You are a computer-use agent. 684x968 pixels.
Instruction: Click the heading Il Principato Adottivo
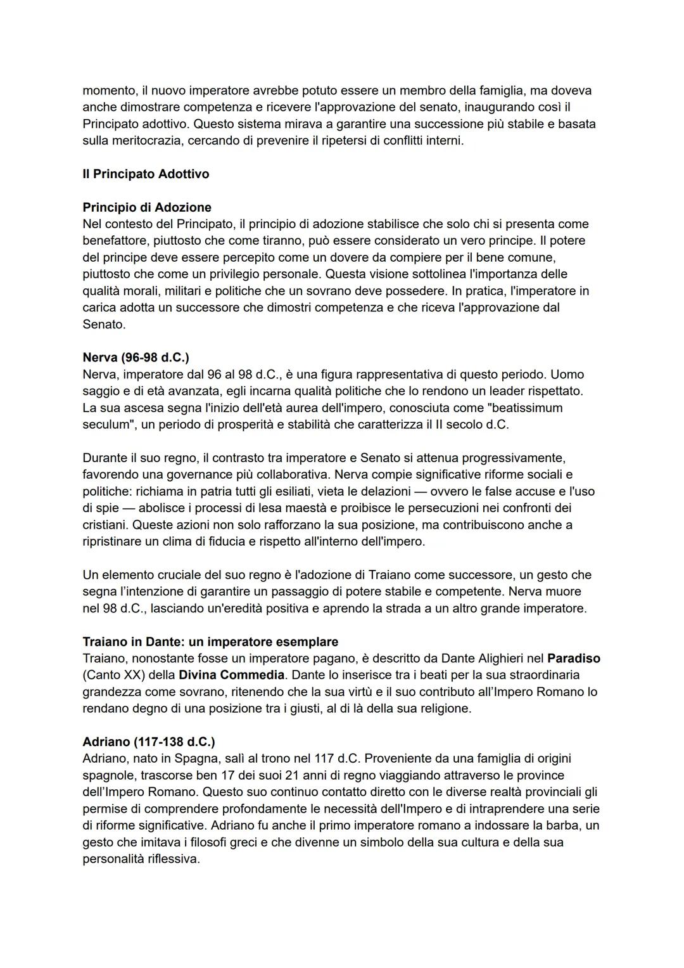tap(146, 174)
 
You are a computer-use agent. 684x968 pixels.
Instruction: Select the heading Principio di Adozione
tap(147, 207)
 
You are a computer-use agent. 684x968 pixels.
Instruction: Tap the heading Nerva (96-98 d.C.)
tap(136, 358)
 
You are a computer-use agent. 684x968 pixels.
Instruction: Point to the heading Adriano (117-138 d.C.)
tap(148, 742)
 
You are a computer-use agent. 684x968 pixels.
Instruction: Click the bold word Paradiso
tap(574, 658)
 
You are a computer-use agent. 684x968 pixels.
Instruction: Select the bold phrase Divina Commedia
tap(232, 674)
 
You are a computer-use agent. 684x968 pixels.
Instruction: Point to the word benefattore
tap(115, 241)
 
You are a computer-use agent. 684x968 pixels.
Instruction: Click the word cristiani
tap(104, 525)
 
